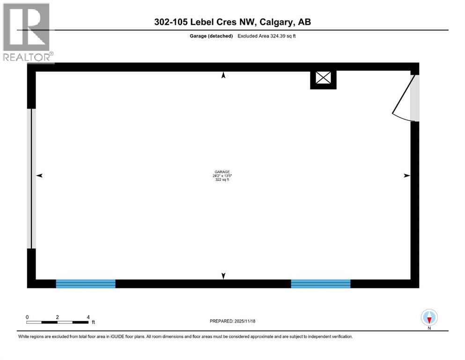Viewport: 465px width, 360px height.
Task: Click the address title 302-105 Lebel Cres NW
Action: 232,22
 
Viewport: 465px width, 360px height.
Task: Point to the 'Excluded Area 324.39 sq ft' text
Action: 266,36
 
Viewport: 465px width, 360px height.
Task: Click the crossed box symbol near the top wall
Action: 323,77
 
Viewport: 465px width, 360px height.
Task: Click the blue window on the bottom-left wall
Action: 86,284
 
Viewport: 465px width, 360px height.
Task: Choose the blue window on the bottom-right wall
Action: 321,284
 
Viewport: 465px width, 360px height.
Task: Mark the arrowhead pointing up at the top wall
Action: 223,75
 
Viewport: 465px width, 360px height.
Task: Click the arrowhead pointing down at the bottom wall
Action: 223,276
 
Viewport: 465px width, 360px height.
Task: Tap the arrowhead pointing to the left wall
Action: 39,175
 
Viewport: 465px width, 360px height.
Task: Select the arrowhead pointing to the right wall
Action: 407,175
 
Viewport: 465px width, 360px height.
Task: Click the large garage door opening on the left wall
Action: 32,179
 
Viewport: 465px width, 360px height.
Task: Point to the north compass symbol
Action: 429,317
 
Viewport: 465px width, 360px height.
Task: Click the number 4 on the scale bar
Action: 88,317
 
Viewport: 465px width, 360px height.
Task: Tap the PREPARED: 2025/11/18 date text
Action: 232,321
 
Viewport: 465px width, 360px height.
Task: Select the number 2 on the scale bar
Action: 57,317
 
